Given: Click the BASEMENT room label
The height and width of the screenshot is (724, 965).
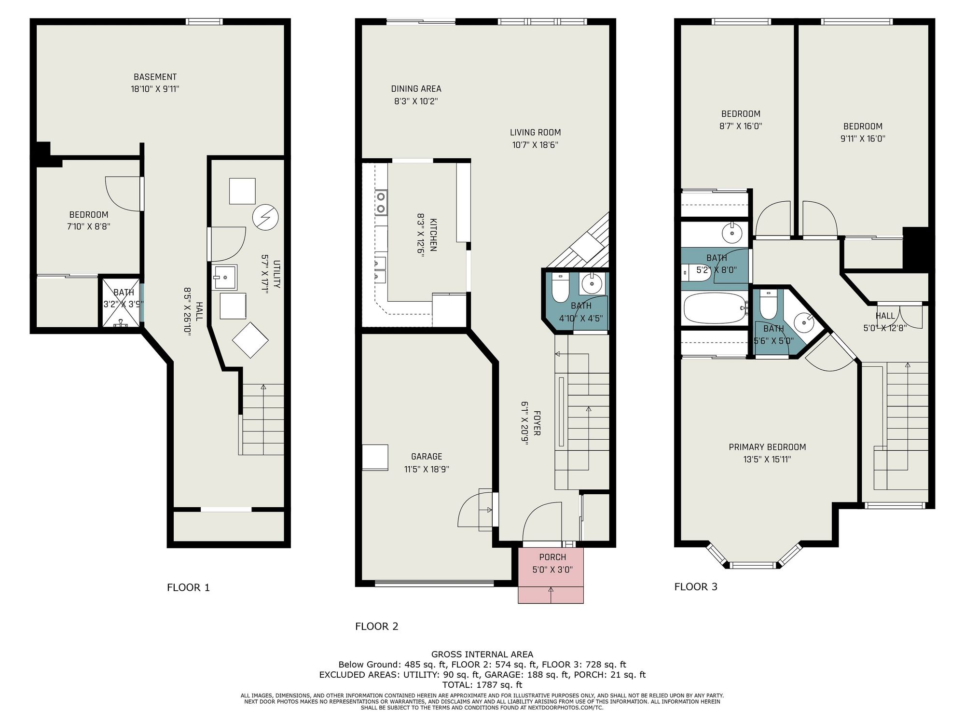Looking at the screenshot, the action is pos(155,77).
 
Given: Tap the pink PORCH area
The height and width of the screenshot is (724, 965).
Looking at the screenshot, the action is pos(551,574).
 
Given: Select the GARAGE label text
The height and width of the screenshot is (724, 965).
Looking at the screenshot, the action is pos(427,457).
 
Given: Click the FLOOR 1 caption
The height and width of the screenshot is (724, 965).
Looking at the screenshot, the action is pos(188,587).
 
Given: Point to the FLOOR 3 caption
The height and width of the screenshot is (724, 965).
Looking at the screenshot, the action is pos(696,586).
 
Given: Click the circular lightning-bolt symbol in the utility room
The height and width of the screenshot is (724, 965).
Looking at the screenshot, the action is pos(265,218).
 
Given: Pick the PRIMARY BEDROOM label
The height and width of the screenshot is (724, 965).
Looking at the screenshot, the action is pos(767,447).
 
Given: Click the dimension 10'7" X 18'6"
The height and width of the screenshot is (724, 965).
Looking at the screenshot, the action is pos(535,145).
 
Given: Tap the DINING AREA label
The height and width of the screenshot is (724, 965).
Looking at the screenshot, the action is pos(416,89).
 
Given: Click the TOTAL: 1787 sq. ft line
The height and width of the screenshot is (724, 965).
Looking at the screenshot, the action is pos(482,684).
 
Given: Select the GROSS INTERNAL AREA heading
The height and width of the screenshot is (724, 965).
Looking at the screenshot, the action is pos(482,654).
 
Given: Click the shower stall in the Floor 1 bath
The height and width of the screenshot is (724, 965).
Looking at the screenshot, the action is pos(121,303).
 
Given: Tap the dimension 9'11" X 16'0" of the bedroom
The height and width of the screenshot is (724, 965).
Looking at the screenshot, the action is pos(863,139).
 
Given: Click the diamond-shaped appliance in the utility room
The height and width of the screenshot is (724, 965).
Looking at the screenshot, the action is pos(250,340).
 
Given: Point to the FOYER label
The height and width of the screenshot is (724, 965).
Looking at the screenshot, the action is pos(537,423).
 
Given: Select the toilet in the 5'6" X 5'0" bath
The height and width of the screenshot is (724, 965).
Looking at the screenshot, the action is pos(768,304).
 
